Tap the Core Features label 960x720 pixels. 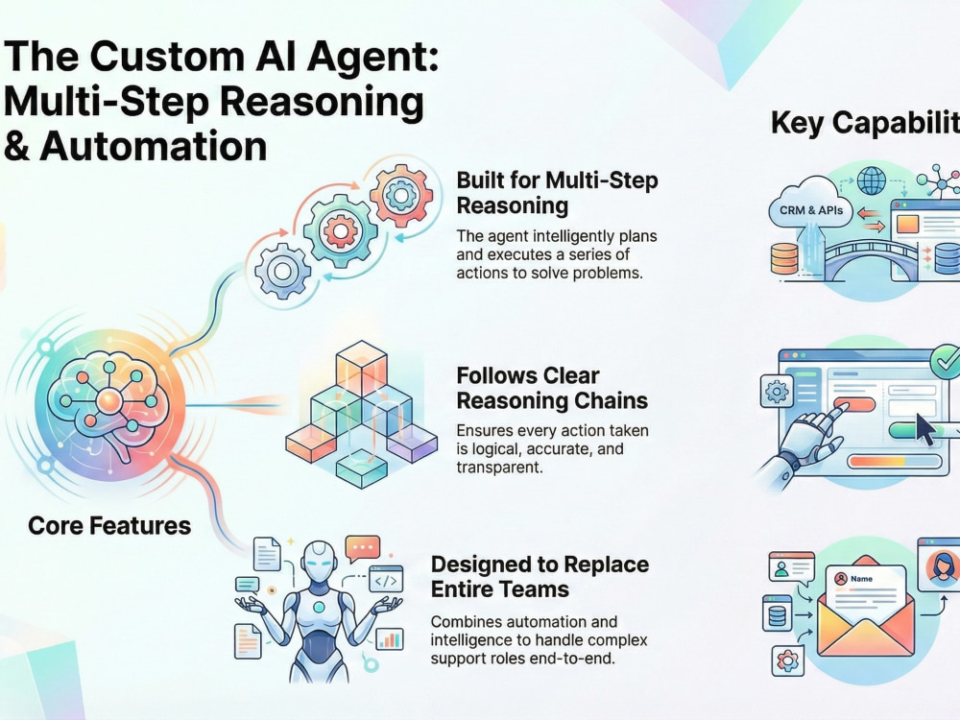click(x=109, y=526)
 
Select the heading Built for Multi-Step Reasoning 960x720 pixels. click(x=557, y=192)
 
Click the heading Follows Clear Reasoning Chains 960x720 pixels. click(x=552, y=388)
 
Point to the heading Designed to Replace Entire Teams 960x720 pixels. click(x=540, y=577)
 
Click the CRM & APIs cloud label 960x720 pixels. click(x=811, y=210)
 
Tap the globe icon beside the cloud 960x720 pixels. click(x=872, y=180)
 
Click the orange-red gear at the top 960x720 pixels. click(x=401, y=195)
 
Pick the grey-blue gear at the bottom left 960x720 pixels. click(x=282, y=271)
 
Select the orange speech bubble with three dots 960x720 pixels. click(x=363, y=548)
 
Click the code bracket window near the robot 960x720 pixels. click(x=386, y=579)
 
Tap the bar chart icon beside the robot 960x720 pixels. click(x=390, y=638)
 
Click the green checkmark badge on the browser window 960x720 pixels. click(x=946, y=361)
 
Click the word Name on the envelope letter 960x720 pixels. click(x=861, y=579)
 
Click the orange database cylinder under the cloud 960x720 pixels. click(x=784, y=258)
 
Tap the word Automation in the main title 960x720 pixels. click(x=153, y=147)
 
